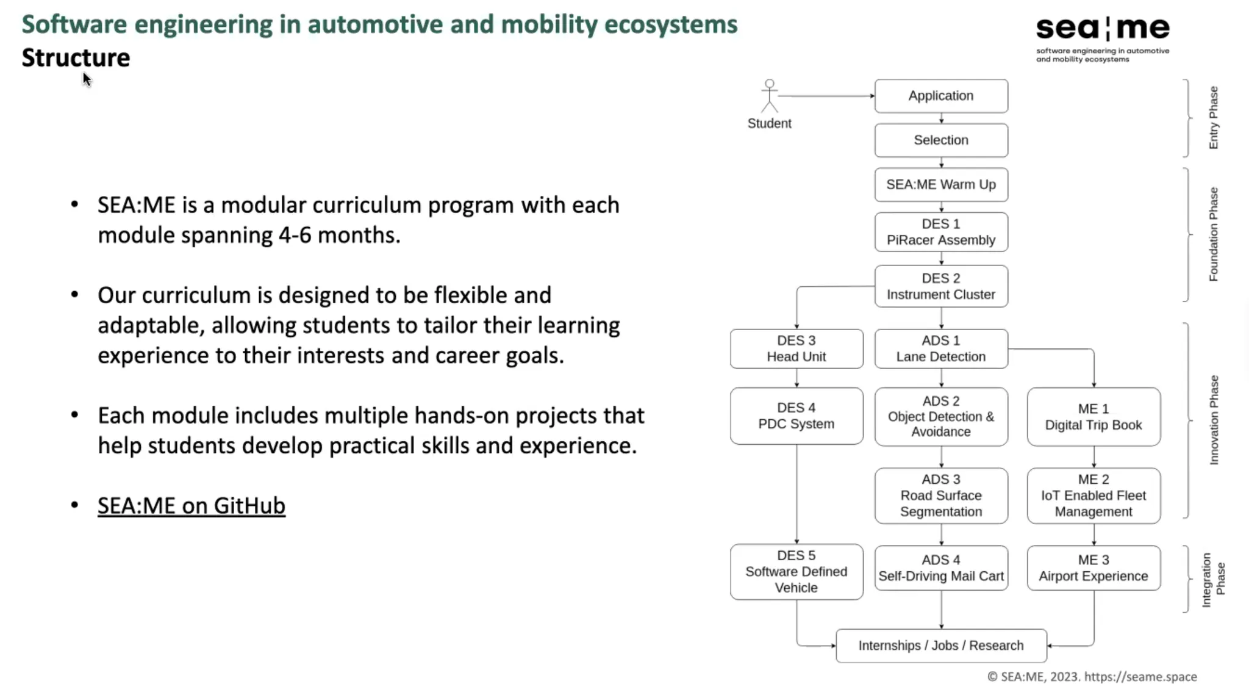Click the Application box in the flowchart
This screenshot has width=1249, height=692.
[940, 96]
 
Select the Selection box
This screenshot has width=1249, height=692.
[940, 140]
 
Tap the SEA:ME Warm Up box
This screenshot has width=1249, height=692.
[940, 184]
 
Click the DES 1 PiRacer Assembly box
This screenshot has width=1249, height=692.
[940, 232]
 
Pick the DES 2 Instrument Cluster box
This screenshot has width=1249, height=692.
[940, 286]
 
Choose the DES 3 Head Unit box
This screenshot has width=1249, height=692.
[796, 348]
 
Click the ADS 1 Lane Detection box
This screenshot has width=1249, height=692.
[940, 348]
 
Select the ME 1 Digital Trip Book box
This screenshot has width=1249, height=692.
[1093, 417]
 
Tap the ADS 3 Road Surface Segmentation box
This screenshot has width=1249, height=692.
[940, 496]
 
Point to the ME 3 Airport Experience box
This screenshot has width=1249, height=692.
[1093, 568]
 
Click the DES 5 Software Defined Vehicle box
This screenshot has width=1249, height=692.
[796, 572]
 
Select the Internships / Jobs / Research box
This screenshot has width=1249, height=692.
[940, 646]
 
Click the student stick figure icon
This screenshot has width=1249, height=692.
[770, 96]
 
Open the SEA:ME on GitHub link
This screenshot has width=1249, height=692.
[191, 506]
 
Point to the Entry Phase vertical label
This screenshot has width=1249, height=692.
[1213, 118]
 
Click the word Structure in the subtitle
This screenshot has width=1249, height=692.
[76, 58]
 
